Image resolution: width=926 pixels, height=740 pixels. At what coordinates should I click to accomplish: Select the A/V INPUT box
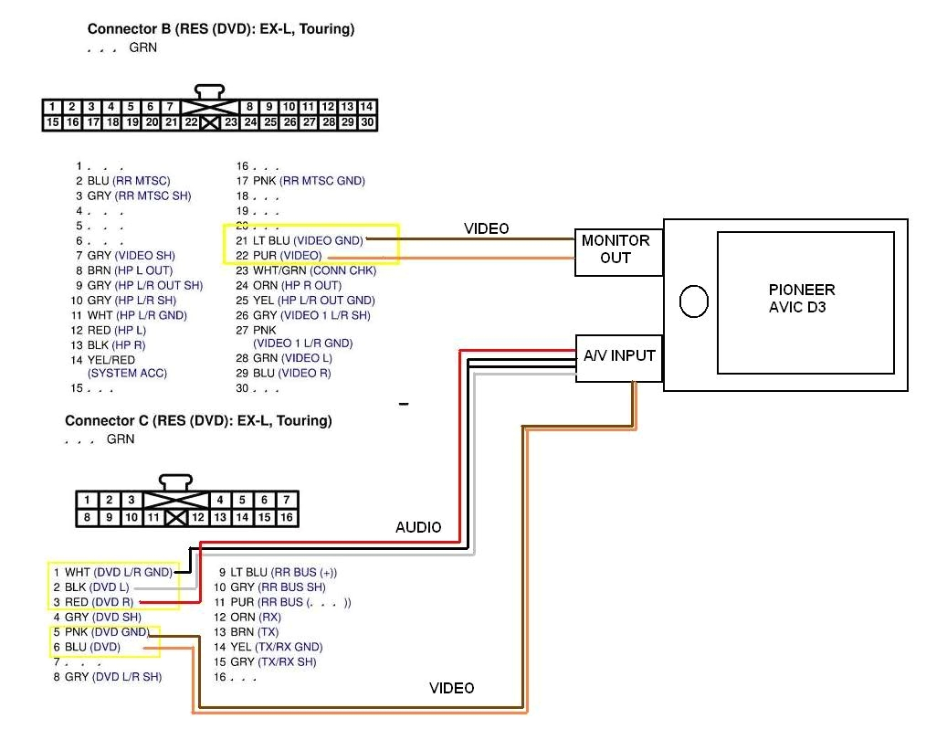(619, 355)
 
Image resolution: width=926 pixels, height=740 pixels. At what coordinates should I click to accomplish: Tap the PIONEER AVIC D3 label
(801, 299)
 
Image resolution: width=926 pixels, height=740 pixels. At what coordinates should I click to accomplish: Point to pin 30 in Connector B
(367, 122)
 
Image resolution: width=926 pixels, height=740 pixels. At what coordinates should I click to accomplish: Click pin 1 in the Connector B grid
(53, 107)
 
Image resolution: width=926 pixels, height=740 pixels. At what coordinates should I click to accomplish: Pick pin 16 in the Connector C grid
(287, 518)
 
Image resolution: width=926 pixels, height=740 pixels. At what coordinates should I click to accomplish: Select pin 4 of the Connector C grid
(220, 500)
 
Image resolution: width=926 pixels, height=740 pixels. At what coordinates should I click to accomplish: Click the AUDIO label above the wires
(418, 527)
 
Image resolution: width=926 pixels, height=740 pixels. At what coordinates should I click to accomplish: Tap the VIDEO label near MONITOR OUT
(486, 228)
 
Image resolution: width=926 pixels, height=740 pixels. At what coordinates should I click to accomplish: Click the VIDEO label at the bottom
(451, 688)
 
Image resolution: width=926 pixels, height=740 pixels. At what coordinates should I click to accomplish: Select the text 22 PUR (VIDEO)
(279, 255)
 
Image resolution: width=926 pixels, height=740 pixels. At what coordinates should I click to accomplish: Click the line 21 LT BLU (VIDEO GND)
(299, 240)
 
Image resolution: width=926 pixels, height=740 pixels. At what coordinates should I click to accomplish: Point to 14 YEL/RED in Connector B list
(102, 360)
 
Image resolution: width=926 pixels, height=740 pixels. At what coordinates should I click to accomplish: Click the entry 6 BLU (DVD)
(92, 647)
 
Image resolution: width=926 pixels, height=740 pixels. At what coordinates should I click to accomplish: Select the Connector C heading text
(198, 421)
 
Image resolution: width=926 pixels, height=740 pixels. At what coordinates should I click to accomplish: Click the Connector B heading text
(221, 29)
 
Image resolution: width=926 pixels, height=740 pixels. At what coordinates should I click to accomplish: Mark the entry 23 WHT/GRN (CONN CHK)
(305, 270)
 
